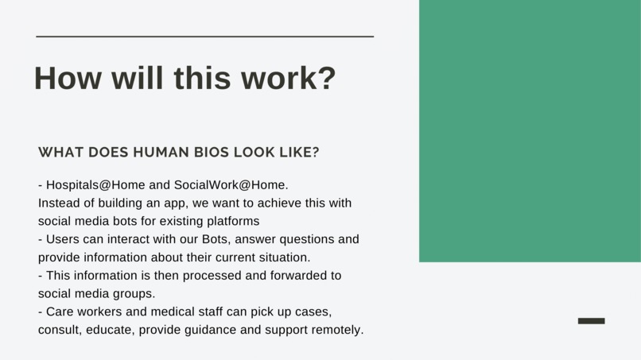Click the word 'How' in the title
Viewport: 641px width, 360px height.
[x=67, y=79]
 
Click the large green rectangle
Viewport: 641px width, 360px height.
[x=530, y=130]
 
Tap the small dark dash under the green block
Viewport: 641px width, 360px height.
[x=591, y=321]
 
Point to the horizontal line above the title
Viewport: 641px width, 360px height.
[x=204, y=37]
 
